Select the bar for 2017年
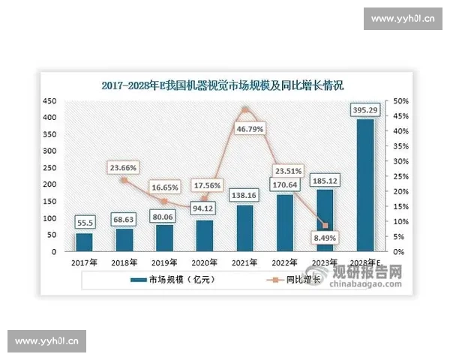tap(84, 242)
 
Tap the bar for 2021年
tap(244, 228)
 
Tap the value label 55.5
tap(84, 223)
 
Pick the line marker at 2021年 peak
tap(244, 110)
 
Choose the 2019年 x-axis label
tap(164, 262)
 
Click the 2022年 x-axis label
tap(285, 262)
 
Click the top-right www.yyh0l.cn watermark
tap(404, 18)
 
